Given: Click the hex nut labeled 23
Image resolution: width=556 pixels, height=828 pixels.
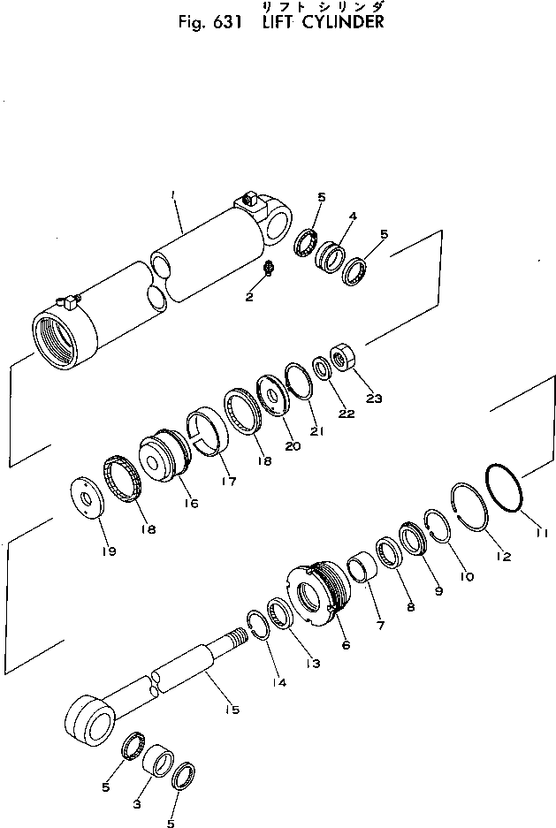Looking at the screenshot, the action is [x=342, y=358].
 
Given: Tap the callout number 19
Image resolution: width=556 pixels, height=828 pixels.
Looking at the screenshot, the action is [x=110, y=551].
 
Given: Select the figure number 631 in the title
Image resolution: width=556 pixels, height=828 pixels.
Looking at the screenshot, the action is [x=228, y=23].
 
